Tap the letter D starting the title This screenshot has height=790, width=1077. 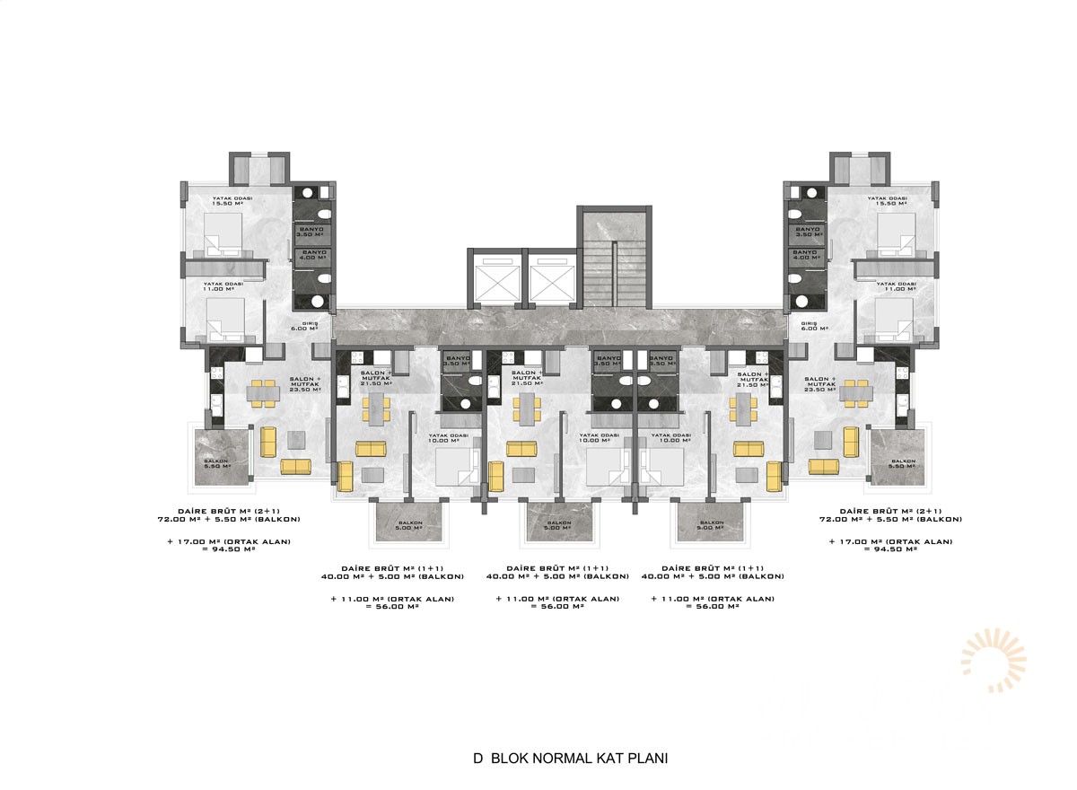[x=478, y=759]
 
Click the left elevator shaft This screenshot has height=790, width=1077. [x=494, y=279]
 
